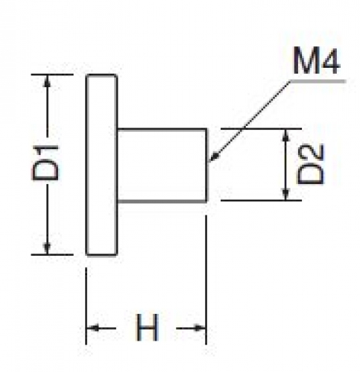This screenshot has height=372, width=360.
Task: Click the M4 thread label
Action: [316, 61]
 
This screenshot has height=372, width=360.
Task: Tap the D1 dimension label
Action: [45, 163]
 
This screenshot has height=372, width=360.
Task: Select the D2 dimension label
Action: [311, 164]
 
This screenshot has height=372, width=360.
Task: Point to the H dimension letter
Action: [147, 327]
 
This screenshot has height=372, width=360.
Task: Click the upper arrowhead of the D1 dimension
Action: [47, 80]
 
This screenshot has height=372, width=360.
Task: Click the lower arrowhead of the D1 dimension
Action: [47, 248]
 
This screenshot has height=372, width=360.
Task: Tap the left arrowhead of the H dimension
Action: [92, 328]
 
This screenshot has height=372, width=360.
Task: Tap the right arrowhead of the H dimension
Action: [200, 328]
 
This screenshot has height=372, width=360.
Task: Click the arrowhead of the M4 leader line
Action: [214, 157]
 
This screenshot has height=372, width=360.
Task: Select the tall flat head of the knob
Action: [101, 165]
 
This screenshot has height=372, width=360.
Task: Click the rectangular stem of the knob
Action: [162, 165]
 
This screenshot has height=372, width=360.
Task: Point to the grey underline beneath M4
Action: [318, 81]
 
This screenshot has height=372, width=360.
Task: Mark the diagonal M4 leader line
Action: [250, 122]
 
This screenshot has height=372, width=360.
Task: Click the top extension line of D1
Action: [52, 75]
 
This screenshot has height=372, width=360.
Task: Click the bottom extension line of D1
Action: [52, 254]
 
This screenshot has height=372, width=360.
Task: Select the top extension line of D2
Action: [261, 129]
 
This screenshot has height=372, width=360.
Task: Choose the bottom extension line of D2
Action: [261, 200]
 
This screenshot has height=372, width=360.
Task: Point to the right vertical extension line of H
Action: [206, 280]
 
